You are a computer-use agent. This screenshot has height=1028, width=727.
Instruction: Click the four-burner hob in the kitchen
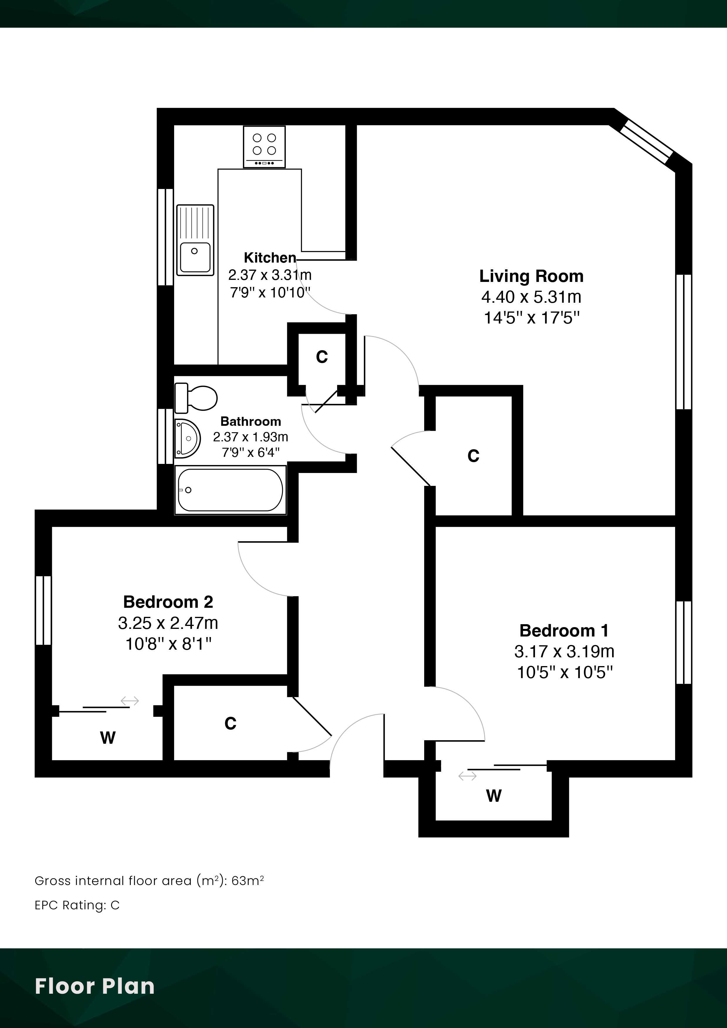[x=264, y=147]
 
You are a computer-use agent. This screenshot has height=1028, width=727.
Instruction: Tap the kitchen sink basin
[x=195, y=258]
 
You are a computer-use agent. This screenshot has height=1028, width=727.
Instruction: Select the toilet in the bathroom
[x=196, y=398]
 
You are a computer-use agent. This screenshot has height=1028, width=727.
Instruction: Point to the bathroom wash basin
[x=187, y=438]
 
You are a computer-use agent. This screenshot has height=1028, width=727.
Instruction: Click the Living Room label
[x=531, y=276]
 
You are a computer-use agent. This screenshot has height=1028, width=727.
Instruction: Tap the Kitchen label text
[x=270, y=258]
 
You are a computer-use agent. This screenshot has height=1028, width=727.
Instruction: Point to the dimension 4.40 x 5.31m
[x=531, y=297]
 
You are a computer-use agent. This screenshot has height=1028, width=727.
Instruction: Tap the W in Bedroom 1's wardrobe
[x=494, y=796]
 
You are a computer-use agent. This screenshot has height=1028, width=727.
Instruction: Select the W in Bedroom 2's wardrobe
[x=108, y=737]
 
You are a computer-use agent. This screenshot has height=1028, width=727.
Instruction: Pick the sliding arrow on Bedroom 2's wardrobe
[x=130, y=701]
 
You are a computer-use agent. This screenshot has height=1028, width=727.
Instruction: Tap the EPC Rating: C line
[x=77, y=905]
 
